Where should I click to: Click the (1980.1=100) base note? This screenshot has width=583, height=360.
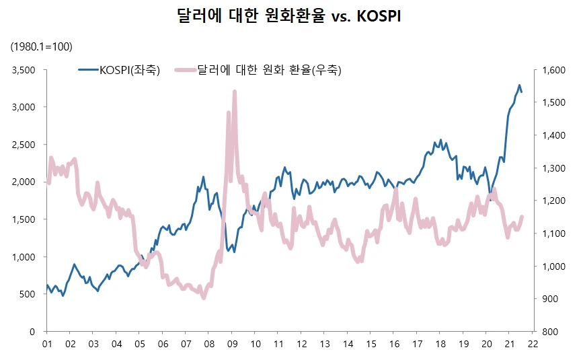41,46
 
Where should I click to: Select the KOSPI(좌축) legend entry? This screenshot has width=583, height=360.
120,69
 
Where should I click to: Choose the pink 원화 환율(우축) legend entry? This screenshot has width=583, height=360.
259,69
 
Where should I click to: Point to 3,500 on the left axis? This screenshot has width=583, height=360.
24,70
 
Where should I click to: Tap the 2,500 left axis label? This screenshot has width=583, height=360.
24,145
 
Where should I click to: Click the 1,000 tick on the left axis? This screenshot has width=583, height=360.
24,257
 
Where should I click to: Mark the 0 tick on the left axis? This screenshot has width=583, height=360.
32,332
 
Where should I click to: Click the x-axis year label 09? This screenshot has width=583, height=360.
231,344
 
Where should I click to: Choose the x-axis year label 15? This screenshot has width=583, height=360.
371,344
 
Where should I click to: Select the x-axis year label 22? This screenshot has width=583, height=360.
533,344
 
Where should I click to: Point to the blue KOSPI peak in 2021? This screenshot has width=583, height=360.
519,85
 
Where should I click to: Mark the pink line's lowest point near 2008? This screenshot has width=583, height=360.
204,297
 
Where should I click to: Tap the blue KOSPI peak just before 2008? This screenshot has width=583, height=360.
204,177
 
